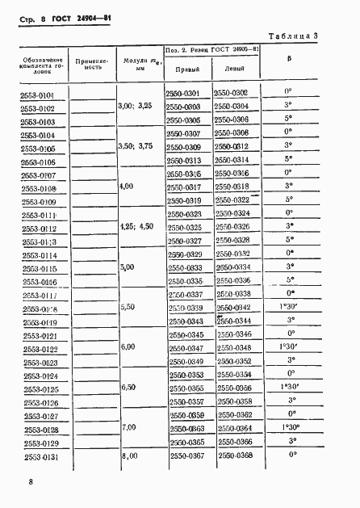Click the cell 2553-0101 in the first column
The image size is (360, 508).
click(37, 96)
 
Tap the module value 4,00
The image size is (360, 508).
click(126, 187)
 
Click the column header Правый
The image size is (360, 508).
click(187, 69)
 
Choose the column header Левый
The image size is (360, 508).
click(235, 69)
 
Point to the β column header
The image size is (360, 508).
click(290, 58)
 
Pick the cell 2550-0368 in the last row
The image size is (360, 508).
click(235, 456)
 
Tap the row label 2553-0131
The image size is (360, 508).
click(37, 457)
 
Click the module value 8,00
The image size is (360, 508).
click(130, 456)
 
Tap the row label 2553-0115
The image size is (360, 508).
click(37, 269)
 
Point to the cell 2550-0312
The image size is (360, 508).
click(235, 147)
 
